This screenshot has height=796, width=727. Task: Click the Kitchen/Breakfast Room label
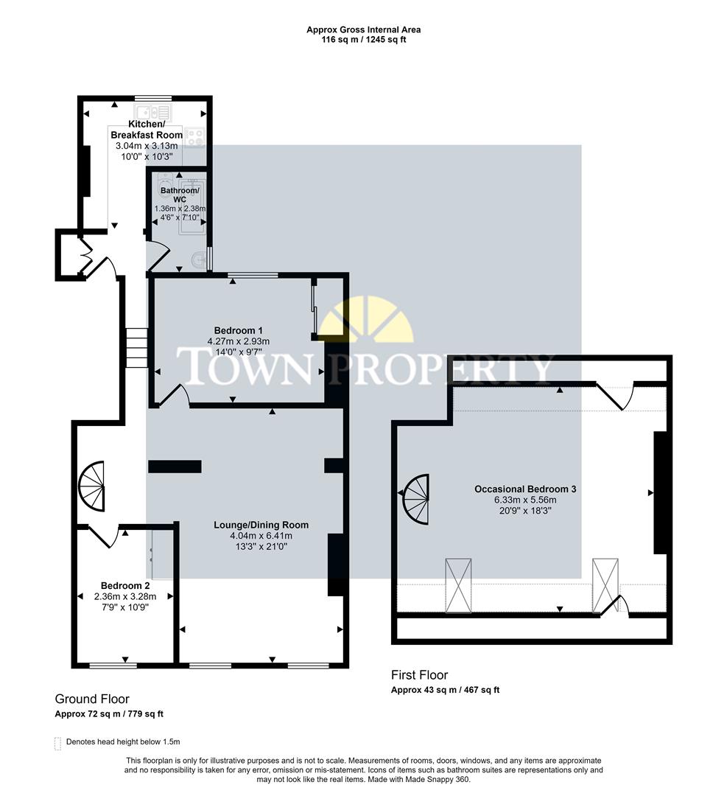pos(146,129)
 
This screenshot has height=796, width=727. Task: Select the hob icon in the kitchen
pos(194,136)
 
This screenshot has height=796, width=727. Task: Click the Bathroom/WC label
pos(179,195)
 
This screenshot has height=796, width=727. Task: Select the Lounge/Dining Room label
pos(261,525)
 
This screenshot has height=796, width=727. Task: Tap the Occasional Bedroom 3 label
pos(524,489)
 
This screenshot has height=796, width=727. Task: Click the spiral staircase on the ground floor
pos(93,486)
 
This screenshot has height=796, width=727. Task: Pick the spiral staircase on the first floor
pos(416,499)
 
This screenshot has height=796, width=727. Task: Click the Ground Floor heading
pos(92,699)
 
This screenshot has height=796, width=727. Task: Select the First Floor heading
pos(419,675)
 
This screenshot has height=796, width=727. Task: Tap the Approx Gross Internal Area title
pos(363,29)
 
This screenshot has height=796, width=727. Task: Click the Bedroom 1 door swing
pos(175,396)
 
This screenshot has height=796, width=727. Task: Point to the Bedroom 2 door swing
pos(103,536)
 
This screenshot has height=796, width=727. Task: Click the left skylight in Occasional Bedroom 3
pos(457,585)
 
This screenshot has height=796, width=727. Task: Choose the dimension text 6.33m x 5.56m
pos(524,499)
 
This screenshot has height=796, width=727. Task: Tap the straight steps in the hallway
pos(136,348)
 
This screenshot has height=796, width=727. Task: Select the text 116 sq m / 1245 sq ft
pos(363,40)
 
